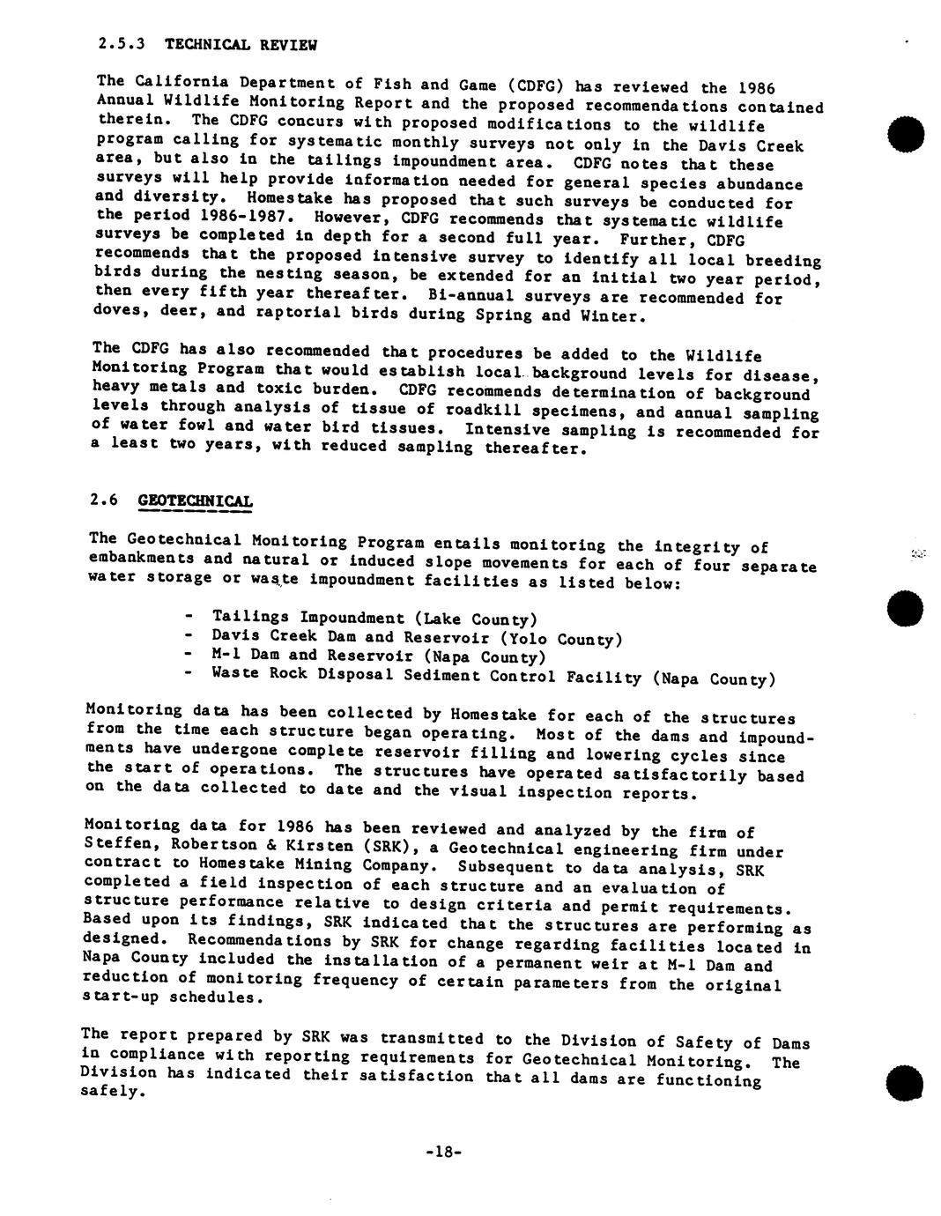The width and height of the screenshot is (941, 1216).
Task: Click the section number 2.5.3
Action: (121, 41)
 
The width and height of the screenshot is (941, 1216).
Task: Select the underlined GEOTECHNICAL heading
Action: (196, 500)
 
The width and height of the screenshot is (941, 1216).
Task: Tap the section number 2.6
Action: (103, 500)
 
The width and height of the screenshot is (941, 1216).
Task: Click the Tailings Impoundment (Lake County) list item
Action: (374, 619)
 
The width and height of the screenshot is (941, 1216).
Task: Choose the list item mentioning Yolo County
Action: (417, 637)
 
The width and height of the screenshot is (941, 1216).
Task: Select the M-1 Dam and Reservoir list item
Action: (379, 656)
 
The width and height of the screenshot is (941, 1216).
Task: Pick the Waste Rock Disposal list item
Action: (493, 677)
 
